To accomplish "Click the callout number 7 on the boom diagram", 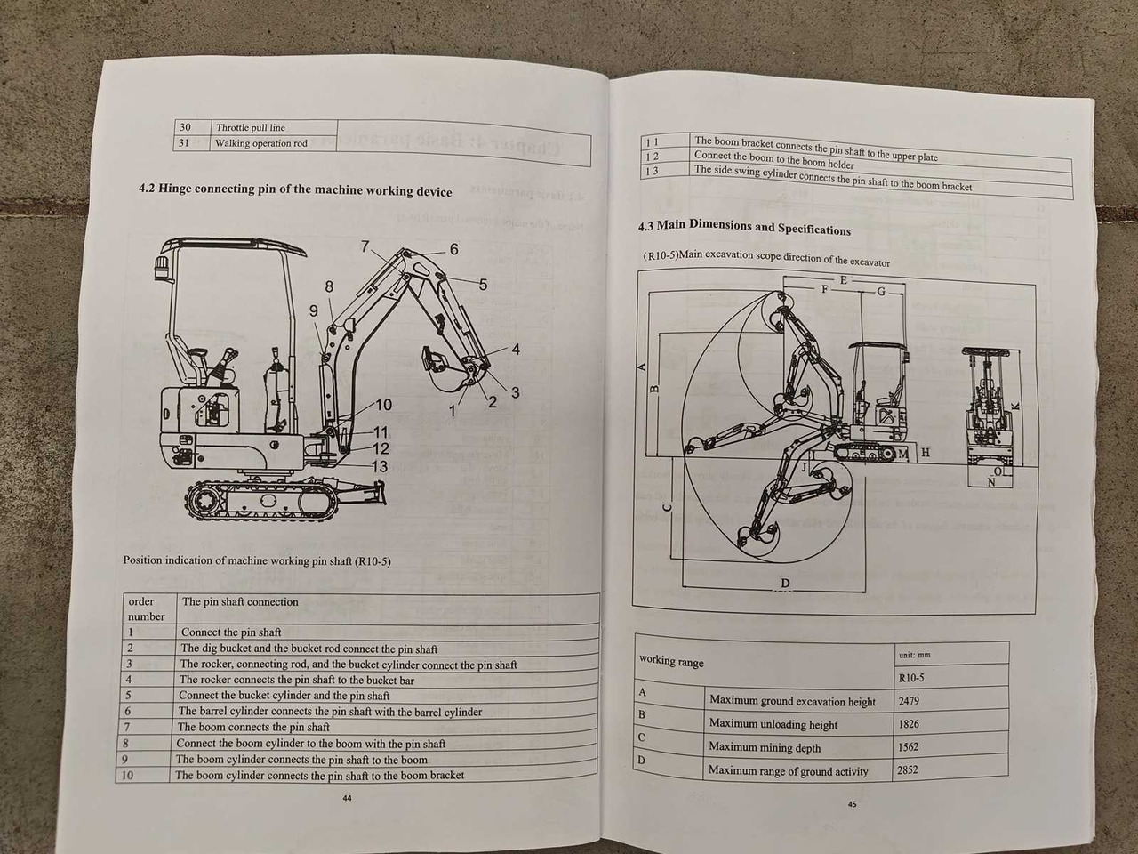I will [x=365, y=246].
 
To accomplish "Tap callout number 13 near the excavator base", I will [x=379, y=466].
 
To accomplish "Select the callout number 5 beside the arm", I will [x=483, y=285].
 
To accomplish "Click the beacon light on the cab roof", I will [x=162, y=266].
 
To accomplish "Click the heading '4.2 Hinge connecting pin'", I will [x=294, y=190].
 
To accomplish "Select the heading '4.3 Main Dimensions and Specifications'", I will [x=744, y=227].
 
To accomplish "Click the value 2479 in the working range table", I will [x=908, y=701].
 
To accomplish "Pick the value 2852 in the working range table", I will [x=907, y=769].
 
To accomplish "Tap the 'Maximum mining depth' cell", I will [x=765, y=747].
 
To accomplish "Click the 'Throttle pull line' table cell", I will [x=250, y=127].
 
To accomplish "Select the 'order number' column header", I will [x=146, y=608].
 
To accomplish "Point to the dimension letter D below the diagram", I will [x=785, y=584].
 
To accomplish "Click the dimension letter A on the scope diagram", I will [x=642, y=366].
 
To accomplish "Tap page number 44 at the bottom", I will [x=347, y=798].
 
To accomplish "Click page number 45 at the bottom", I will [x=852, y=804].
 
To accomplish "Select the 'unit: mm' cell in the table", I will [x=913, y=655].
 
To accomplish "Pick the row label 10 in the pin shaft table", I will [x=127, y=775].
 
